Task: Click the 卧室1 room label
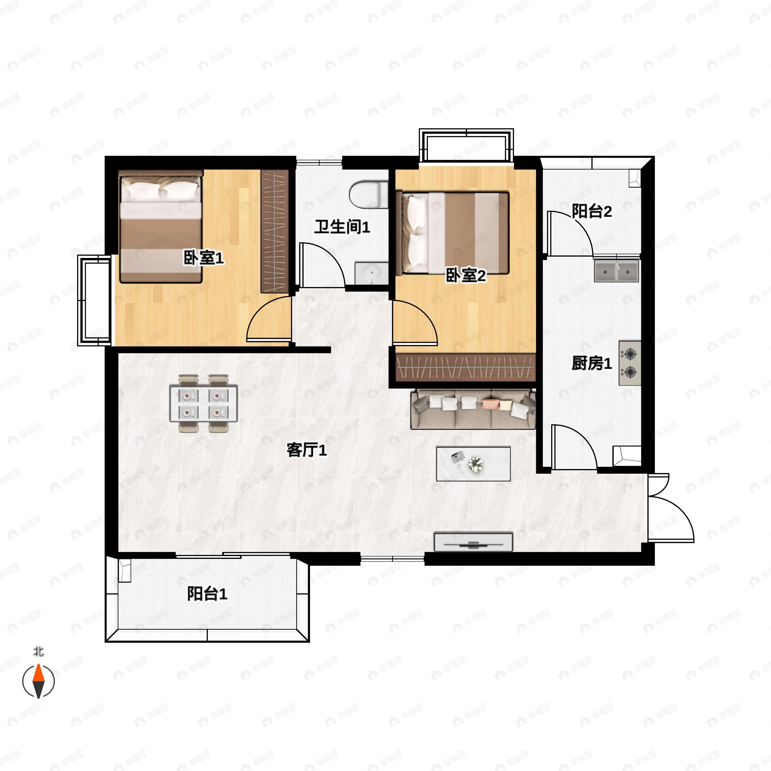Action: (x=204, y=258)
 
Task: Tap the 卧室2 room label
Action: (x=466, y=275)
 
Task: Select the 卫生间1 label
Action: (x=342, y=227)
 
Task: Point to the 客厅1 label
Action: (x=306, y=450)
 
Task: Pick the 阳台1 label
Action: (x=207, y=593)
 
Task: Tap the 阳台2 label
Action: (x=592, y=211)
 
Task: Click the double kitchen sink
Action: (x=616, y=270)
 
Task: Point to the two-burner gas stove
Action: (x=630, y=363)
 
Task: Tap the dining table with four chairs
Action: (x=204, y=403)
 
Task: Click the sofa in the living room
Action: (x=473, y=409)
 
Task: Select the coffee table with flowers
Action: (x=473, y=464)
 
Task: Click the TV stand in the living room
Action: (x=473, y=542)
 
